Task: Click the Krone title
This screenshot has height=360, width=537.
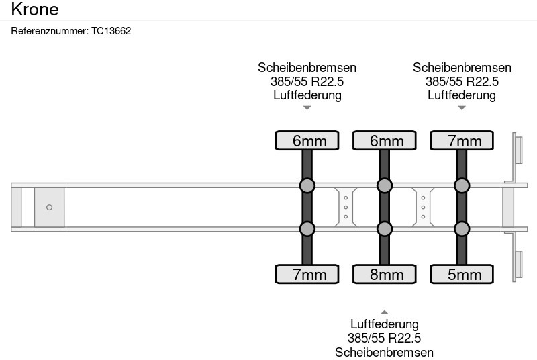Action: click(x=35, y=9)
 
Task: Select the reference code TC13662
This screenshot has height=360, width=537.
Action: click(x=111, y=31)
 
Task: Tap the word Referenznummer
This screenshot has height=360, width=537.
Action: click(x=50, y=31)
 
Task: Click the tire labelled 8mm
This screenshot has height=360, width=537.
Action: click(x=385, y=274)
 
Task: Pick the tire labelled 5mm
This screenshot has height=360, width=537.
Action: click(x=462, y=274)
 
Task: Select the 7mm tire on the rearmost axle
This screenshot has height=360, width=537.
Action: click(x=462, y=140)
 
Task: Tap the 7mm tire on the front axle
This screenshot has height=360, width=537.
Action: click(x=307, y=274)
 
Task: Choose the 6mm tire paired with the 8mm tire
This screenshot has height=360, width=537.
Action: click(x=385, y=140)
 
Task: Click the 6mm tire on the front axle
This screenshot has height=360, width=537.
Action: click(x=307, y=140)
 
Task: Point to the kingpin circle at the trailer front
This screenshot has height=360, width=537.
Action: click(x=49, y=208)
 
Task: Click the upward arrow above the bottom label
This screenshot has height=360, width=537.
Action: click(x=385, y=312)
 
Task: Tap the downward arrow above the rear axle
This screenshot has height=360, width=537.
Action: click(x=462, y=108)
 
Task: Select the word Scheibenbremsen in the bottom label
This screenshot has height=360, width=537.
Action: click(x=385, y=353)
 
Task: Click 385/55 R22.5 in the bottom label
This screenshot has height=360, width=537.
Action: click(x=385, y=339)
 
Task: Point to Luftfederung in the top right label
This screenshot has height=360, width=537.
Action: click(x=462, y=95)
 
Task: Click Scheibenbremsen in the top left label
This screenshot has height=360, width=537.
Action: click(x=307, y=68)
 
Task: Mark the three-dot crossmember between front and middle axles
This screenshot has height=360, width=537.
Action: click(x=345, y=207)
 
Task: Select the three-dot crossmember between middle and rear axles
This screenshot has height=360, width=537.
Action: click(x=423, y=207)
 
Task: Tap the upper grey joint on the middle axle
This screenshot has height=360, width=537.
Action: click(x=385, y=185)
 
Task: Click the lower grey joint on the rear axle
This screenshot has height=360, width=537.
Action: click(x=462, y=229)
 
